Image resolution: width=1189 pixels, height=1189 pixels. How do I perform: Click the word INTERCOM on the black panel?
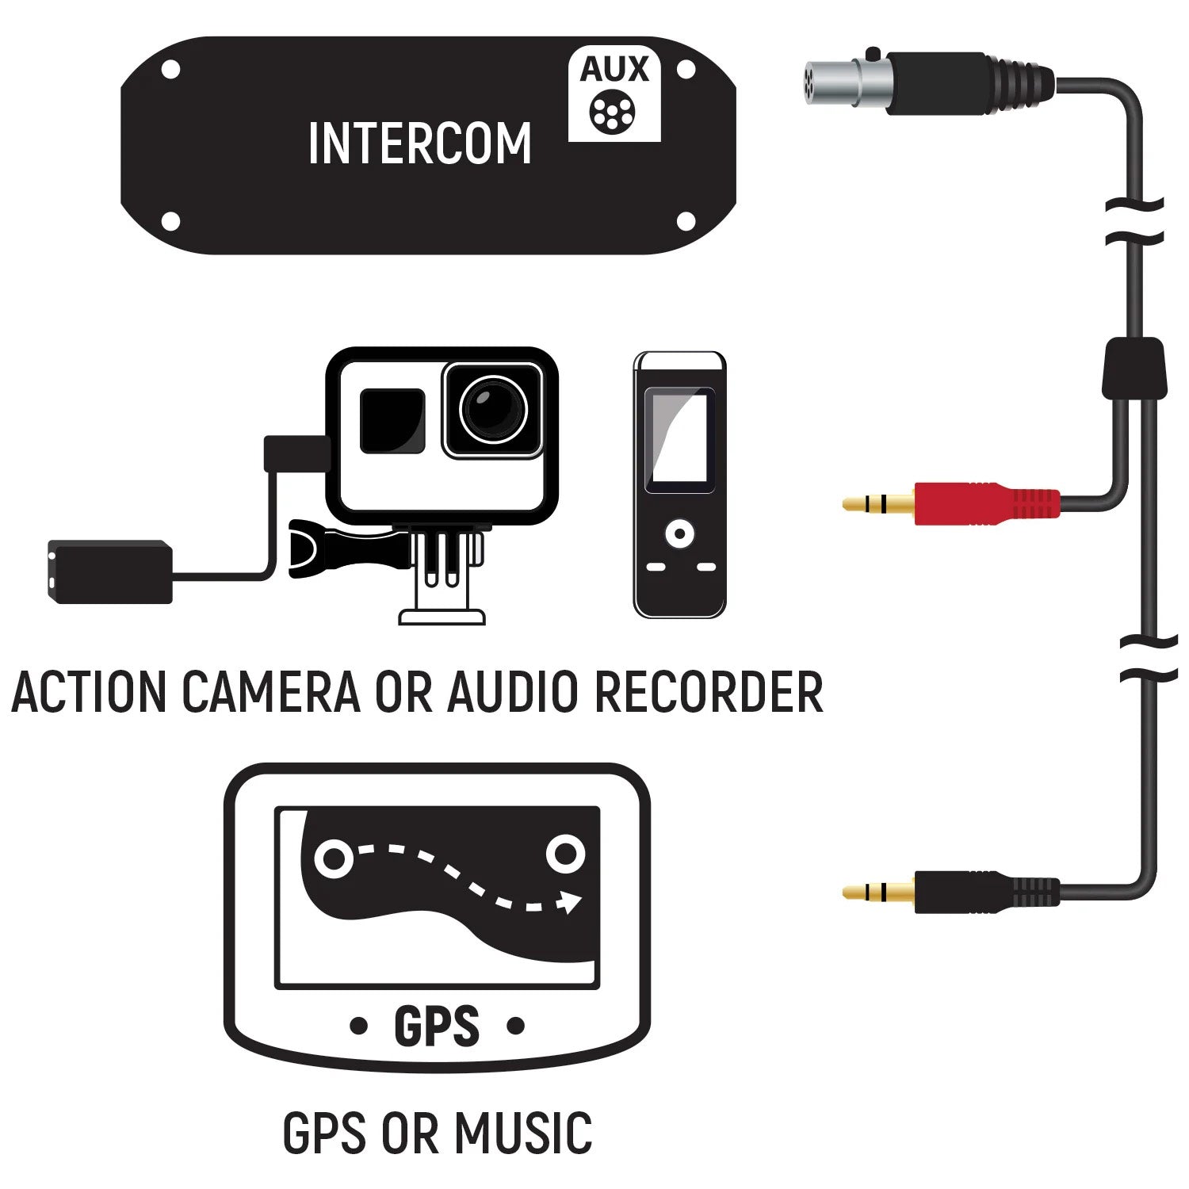pos(419,144)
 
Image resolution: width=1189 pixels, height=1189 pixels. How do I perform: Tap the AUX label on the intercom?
pos(614,70)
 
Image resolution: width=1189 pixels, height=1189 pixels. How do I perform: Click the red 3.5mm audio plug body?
pos(983,503)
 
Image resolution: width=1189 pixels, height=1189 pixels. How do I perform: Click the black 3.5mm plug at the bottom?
pos(983,893)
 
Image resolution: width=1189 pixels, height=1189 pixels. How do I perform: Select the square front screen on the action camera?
pos(392,421)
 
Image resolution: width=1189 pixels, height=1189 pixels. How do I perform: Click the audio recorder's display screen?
pos(679,440)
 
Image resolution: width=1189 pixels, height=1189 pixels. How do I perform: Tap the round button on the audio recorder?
pos(679,533)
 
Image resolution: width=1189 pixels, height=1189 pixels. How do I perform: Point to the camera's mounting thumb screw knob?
pos(317,548)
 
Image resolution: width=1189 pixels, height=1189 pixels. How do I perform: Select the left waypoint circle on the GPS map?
pos(333,858)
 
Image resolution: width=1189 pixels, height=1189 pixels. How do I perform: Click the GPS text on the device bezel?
pos(437,1027)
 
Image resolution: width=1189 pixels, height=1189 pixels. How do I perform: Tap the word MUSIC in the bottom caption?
pos(523,1133)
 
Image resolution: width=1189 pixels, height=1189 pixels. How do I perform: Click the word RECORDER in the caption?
pos(709,692)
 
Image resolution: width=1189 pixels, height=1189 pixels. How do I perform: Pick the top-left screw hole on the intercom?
pos(170,70)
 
